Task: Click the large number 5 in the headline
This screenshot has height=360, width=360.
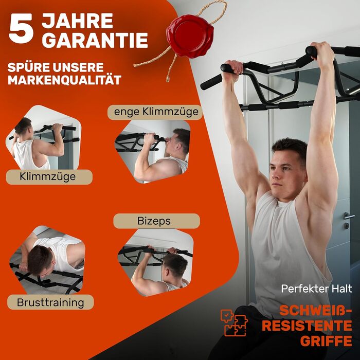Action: (21, 28)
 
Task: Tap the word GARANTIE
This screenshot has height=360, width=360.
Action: (95, 40)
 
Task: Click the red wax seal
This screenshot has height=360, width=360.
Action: (190, 35)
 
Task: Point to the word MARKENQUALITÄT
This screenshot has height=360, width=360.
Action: (64, 80)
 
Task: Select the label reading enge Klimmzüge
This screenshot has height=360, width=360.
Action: (155, 112)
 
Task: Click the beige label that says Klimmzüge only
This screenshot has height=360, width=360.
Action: (49, 177)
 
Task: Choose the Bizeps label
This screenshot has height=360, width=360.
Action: (156, 221)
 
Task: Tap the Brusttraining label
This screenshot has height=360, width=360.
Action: (50, 302)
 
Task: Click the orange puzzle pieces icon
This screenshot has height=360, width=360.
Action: (234, 323)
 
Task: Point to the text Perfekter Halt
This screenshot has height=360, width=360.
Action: (317, 289)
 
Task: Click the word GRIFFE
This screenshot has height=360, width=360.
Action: (326, 340)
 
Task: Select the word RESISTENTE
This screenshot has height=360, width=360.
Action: (307, 326)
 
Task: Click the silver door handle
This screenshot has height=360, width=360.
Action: (349, 216)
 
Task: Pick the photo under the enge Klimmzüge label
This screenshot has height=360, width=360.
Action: (152, 152)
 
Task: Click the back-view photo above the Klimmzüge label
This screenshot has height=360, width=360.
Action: (43, 137)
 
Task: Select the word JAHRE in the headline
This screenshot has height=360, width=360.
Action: (77, 21)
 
